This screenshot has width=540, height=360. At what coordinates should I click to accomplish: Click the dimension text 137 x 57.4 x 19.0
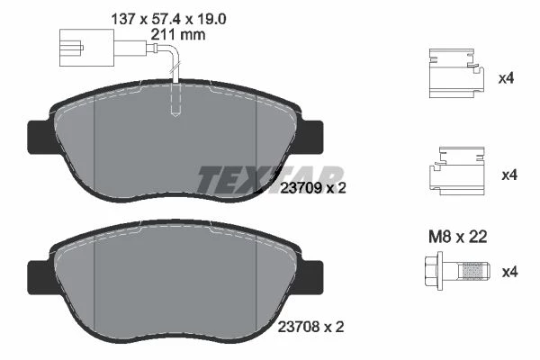pos(168,19)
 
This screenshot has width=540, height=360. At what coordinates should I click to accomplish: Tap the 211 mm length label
pos(178,34)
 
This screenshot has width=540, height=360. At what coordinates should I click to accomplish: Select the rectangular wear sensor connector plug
pos(86,48)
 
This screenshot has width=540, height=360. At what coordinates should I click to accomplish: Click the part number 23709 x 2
pos(312,188)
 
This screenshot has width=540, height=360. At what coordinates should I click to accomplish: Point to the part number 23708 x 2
pos(310,327)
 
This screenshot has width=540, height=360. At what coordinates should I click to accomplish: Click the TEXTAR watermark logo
pos(270,179)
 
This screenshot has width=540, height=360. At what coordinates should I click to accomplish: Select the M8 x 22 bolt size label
pos(458,237)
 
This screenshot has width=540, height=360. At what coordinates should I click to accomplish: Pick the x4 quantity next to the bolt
pos(509,272)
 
